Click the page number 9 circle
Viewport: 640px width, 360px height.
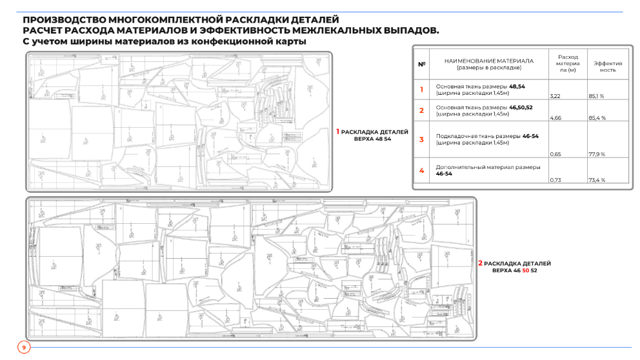(x=24, y=348)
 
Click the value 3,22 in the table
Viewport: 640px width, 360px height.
(x=555, y=96)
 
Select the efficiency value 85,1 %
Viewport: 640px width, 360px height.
(x=596, y=96)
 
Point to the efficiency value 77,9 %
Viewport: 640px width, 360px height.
(x=596, y=155)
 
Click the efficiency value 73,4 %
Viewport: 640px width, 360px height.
(x=596, y=180)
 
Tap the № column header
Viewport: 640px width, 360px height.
(x=422, y=64)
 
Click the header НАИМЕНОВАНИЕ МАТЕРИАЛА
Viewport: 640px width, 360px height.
(x=488, y=61)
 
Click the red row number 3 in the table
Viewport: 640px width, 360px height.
(x=421, y=139)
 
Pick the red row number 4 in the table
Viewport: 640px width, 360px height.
(x=421, y=171)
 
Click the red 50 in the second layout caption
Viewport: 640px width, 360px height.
(x=525, y=270)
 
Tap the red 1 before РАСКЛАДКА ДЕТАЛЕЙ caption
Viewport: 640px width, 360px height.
(x=337, y=132)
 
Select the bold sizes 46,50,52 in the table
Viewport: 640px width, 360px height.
(x=521, y=108)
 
